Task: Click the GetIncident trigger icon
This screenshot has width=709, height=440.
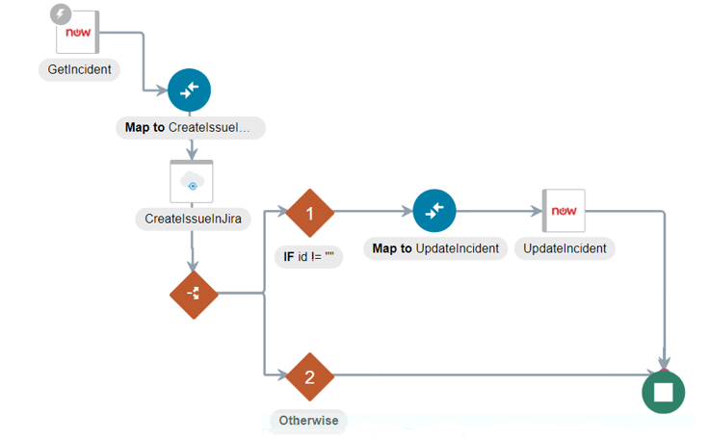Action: click(x=77, y=32)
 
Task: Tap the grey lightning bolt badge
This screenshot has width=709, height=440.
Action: click(x=61, y=14)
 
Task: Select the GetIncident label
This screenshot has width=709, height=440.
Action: click(x=79, y=69)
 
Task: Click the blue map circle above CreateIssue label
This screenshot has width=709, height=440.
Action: click(x=189, y=90)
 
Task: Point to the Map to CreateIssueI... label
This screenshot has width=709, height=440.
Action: click(x=191, y=128)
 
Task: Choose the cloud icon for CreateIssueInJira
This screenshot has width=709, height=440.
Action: click(x=192, y=182)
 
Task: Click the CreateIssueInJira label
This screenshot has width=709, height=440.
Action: click(x=193, y=220)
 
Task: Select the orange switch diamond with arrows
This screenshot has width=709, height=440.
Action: click(x=194, y=295)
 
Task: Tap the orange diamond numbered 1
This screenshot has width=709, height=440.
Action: click(x=310, y=213)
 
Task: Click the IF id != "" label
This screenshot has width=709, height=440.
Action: click(x=309, y=257)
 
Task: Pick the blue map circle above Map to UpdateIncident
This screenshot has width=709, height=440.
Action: click(x=434, y=211)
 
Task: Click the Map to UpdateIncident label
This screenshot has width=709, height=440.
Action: click(x=435, y=248)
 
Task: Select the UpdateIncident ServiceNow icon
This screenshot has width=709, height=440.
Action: click(x=564, y=211)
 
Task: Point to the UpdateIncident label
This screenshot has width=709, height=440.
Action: click(x=565, y=248)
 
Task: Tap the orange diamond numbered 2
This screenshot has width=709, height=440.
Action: click(x=310, y=376)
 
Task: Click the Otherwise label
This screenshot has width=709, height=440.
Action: click(x=309, y=421)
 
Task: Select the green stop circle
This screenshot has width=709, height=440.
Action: click(x=664, y=392)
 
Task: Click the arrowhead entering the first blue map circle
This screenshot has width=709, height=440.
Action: click(x=162, y=91)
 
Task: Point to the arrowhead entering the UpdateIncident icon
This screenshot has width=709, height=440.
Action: click(x=537, y=211)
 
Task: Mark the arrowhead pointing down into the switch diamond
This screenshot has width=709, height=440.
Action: click(x=193, y=266)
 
